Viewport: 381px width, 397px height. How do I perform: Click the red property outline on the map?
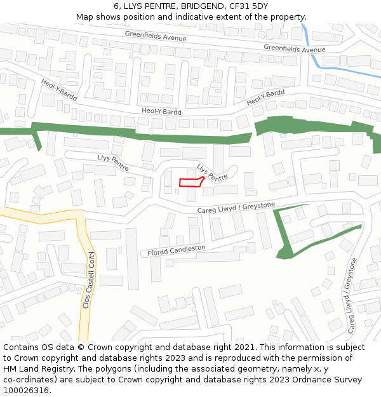[191, 182]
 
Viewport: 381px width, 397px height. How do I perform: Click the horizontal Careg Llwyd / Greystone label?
[236, 207]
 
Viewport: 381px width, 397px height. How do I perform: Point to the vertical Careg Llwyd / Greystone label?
[352, 295]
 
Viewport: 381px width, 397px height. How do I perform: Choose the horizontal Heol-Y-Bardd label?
[161, 111]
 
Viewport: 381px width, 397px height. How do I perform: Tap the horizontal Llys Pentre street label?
[113, 163]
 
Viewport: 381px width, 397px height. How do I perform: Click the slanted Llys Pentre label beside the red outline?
[213, 172]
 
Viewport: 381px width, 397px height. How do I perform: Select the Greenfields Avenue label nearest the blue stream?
[294, 49]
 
